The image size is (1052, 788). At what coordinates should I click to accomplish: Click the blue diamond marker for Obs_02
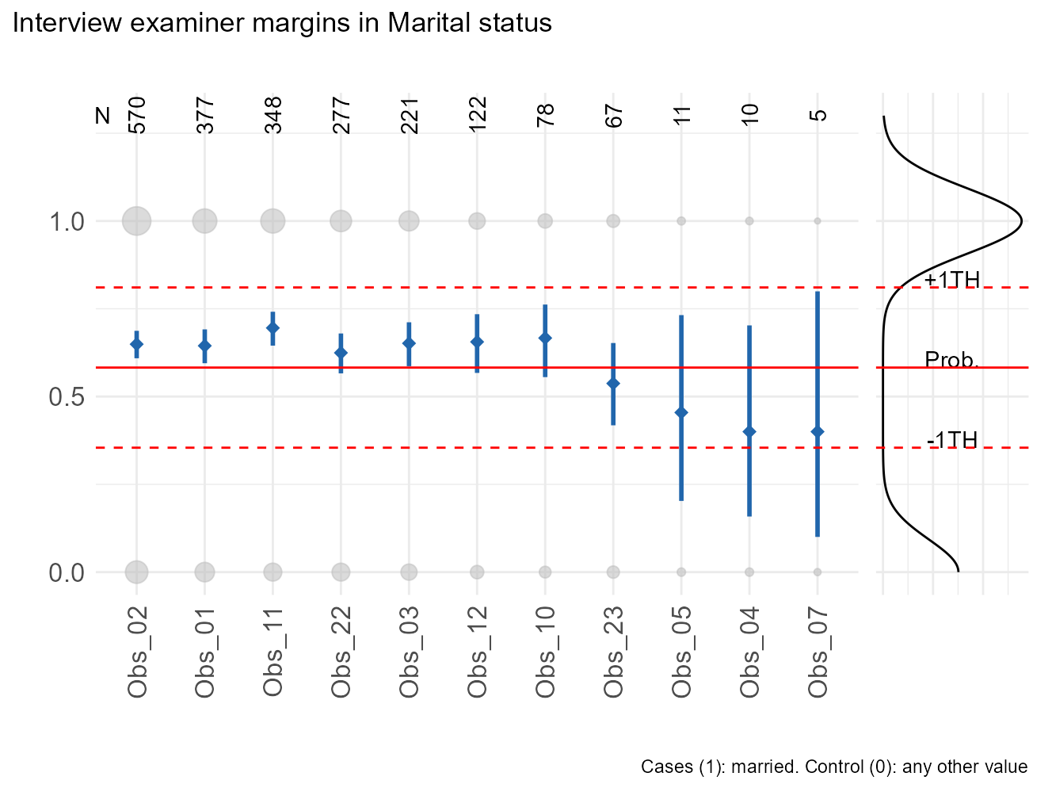(x=136, y=344)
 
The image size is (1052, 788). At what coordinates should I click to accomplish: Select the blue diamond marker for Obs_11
(x=273, y=327)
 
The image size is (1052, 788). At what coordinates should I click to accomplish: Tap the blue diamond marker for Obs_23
(x=613, y=384)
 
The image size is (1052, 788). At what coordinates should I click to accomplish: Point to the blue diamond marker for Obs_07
(x=818, y=431)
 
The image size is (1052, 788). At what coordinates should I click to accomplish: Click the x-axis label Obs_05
(x=681, y=652)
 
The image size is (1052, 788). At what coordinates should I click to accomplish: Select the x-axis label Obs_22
(x=341, y=652)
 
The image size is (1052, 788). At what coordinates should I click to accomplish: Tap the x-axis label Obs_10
(x=545, y=652)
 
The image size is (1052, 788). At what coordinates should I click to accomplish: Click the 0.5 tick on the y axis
(x=67, y=396)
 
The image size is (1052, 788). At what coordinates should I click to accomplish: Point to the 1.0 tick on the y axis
(x=67, y=221)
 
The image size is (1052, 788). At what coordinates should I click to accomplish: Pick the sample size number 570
(x=137, y=114)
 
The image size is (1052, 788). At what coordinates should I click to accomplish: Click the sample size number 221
(x=410, y=114)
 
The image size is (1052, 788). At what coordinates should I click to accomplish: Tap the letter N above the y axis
(x=102, y=116)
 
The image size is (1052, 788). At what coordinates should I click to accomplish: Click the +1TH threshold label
(x=952, y=280)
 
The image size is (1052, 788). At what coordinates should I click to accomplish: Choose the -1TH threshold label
(x=952, y=440)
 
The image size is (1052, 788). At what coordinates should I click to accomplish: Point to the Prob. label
(x=952, y=360)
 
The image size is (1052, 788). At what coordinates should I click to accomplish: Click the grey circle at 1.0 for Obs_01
(x=204, y=221)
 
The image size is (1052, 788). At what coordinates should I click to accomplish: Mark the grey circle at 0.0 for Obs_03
(x=409, y=572)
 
